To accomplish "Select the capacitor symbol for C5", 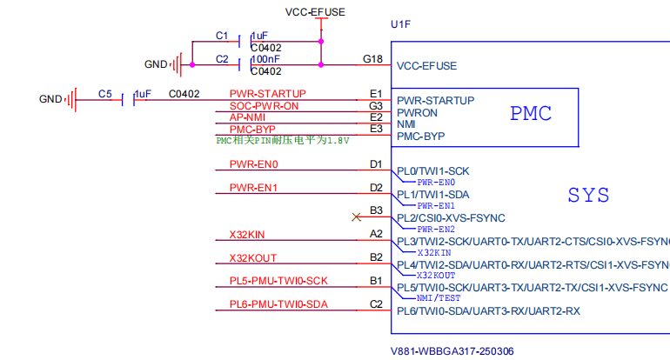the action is pyautogui.click(x=128, y=100).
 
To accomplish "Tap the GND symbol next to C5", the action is pyautogui.click(x=71, y=100).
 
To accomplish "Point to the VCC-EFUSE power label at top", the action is pyautogui.click(x=315, y=12).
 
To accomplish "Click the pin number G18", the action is pyautogui.click(x=372, y=59).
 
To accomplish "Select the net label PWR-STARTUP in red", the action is pyautogui.click(x=267, y=94).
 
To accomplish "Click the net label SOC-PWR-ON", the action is pyautogui.click(x=264, y=106).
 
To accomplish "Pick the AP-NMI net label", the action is pyautogui.click(x=247, y=117).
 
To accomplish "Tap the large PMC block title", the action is pyautogui.click(x=531, y=114).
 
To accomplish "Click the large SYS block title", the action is pyautogui.click(x=588, y=195).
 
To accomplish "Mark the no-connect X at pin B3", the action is pyautogui.click(x=356, y=217).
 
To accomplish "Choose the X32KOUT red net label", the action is pyautogui.click(x=253, y=258).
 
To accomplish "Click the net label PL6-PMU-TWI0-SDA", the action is pyautogui.click(x=278, y=304).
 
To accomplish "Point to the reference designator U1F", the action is pyautogui.click(x=400, y=24).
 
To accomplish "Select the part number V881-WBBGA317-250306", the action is pyautogui.click(x=452, y=351).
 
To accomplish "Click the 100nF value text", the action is pyautogui.click(x=266, y=59).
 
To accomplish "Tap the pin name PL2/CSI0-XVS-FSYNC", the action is pyautogui.click(x=451, y=218).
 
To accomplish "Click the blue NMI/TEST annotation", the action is pyautogui.click(x=439, y=298).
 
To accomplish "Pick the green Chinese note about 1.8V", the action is pyautogui.click(x=283, y=141).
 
